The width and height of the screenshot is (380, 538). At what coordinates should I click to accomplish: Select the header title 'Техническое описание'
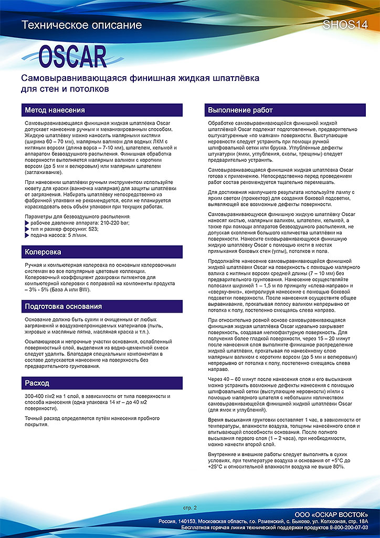(x=81, y=25)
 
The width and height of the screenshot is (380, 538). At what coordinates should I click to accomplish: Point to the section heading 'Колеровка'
(x=43, y=252)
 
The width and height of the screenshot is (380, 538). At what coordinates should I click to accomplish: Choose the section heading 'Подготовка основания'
(x=64, y=306)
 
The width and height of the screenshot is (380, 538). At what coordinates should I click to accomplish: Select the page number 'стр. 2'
(x=189, y=508)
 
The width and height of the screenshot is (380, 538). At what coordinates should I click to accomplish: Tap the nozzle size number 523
(x=92, y=229)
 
